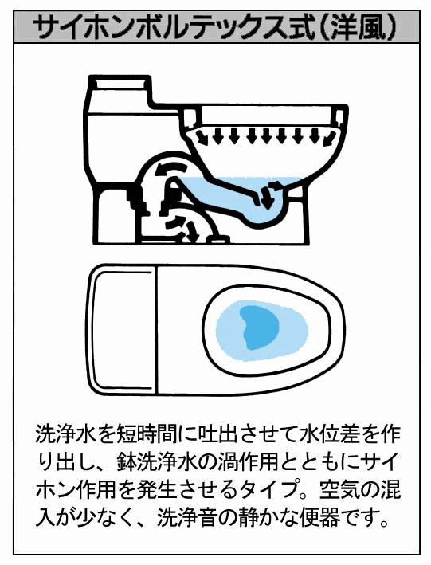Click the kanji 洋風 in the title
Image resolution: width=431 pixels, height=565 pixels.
(x=358, y=27)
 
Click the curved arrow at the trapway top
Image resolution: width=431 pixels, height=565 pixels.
(x=169, y=170)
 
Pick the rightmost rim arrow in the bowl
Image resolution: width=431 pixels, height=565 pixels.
(x=330, y=138)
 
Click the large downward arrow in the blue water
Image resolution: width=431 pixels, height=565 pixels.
(x=266, y=198)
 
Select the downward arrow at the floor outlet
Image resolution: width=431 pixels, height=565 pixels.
(x=190, y=233)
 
